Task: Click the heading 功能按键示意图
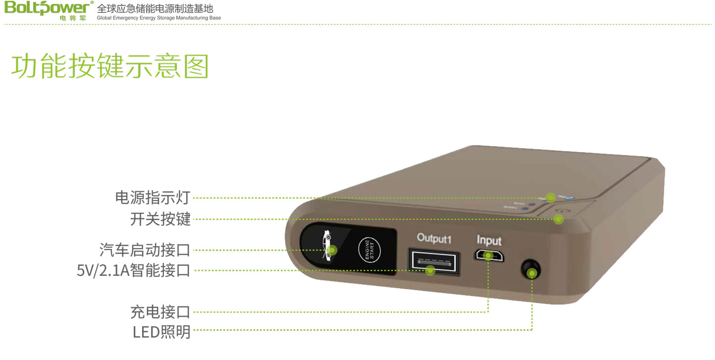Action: click(109, 66)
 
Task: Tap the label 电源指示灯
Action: click(153, 198)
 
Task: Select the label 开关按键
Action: click(160, 219)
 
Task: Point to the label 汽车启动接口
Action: click(145, 250)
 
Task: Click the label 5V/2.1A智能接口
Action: click(133, 271)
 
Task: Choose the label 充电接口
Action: click(160, 312)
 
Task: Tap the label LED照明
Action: click(161, 331)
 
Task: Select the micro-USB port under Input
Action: click(489, 256)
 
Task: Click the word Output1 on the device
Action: click(434, 238)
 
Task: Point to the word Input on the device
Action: click(489, 241)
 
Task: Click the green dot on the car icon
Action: click(333, 250)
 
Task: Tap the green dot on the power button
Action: click(559, 219)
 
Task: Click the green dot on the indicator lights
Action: click(551, 198)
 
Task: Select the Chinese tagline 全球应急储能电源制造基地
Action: click(155, 8)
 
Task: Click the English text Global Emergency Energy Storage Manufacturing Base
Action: click(159, 18)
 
